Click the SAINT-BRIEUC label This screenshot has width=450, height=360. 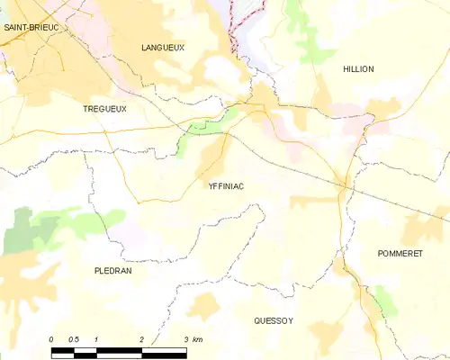tap(31, 28)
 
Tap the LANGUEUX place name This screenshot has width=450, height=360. tap(163, 47)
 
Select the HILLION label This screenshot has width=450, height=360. tap(358, 68)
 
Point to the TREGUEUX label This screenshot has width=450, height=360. tap(104, 108)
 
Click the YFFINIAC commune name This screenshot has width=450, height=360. tap(226, 186)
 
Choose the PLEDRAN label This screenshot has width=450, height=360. tap(113, 270)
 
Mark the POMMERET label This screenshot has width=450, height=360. tap(400, 254)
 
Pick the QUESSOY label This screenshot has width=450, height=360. tap(274, 319)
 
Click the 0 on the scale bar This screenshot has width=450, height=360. tap(51, 338)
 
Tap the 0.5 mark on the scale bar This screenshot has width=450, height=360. tap(74, 338)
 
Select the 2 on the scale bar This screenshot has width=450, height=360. tap(141, 338)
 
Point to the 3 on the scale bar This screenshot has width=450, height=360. tap(185, 338)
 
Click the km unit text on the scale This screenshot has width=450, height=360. tap(198, 338)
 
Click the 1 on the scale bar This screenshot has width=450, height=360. tap(96, 338)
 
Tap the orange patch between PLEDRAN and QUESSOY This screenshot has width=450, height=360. tap(202, 306)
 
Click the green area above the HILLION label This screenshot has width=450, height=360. tap(310, 40)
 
